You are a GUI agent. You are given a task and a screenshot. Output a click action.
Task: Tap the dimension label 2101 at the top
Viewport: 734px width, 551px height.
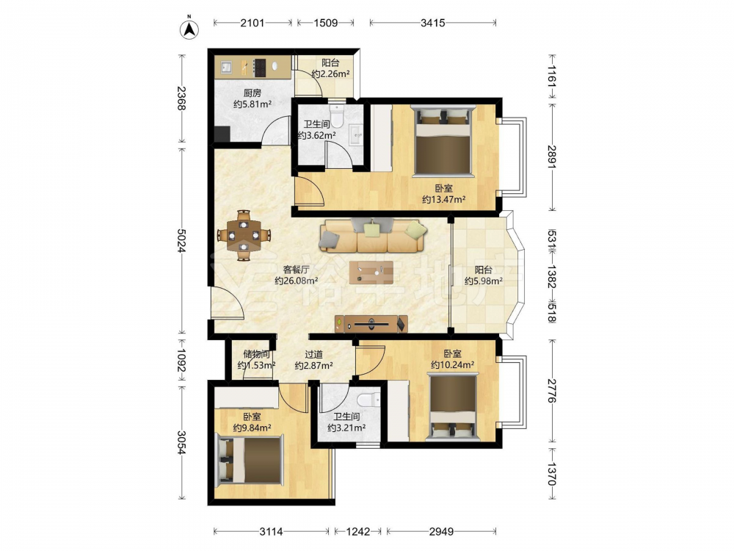pos(252,23)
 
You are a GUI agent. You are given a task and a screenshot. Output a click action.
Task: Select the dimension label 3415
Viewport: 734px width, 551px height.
pos(432,23)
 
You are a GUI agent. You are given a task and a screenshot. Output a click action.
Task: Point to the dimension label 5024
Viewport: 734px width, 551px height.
pos(181,240)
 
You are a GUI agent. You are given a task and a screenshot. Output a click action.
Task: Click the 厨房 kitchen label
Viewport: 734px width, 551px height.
pos(252,93)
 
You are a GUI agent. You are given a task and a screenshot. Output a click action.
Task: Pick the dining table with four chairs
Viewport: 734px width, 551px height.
pos(244,235)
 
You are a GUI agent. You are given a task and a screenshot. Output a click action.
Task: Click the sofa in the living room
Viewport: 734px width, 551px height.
pos(373,235)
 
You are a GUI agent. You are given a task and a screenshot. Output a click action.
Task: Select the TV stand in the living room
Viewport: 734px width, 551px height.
pos(371,324)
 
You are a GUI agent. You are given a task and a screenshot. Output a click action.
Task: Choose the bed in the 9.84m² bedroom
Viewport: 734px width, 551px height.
pos(250,459)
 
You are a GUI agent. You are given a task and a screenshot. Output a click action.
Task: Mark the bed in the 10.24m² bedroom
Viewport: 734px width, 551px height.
pos(453,406)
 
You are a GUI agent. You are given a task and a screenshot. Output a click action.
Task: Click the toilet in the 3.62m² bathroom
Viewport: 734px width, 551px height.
pos(337,116)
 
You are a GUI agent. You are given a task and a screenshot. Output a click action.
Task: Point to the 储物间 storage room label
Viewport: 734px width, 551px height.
pos(256,354)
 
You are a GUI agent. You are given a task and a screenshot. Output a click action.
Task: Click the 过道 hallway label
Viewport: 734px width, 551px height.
pos(313,354)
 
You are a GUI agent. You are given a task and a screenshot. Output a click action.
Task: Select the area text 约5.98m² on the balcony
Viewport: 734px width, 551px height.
pos(484,281)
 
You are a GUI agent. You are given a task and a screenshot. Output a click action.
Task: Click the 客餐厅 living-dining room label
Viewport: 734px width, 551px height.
pos(297,270)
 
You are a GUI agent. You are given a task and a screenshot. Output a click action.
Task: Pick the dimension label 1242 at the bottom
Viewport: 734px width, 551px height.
pos(357,531)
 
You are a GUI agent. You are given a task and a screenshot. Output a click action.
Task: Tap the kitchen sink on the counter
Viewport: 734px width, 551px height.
pos(227,68)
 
